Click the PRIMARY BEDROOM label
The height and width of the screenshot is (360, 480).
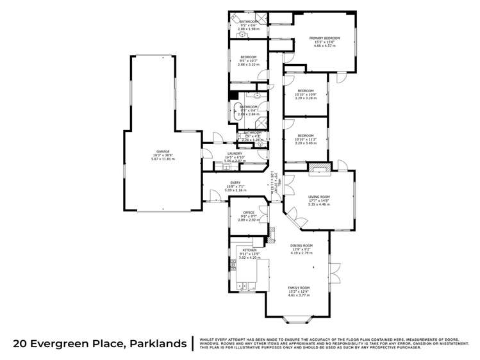pyautogui.click(x=324, y=38)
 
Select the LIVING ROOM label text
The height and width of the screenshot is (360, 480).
pyautogui.click(x=319, y=197)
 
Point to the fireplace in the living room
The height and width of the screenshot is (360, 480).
pyautogui.click(x=319, y=169)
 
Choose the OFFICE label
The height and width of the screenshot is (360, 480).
pyautogui.click(x=249, y=213)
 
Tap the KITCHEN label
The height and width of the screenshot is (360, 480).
pyautogui.click(x=249, y=250)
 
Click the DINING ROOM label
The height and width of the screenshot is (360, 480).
pyautogui.click(x=300, y=245)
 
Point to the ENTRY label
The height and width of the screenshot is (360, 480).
pyautogui.click(x=236, y=183)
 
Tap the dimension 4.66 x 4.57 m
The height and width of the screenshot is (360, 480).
pyautogui.click(x=324, y=47)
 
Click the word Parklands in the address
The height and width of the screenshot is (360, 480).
pyautogui.click(x=154, y=343)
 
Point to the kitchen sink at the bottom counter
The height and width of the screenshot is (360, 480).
pyautogui.click(x=244, y=286)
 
